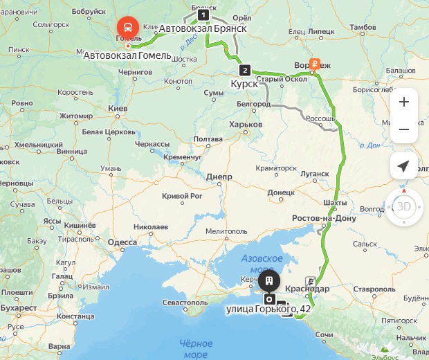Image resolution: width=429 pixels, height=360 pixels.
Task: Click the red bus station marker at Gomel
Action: [127, 28]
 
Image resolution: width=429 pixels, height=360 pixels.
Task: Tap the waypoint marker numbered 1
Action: [203, 15]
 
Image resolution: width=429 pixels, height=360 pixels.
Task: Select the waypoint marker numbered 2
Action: [244, 70]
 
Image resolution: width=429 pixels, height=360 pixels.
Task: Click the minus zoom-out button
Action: [404, 129]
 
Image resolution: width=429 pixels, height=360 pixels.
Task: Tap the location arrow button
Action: [404, 167]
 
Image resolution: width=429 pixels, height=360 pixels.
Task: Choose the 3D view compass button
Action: [404, 206]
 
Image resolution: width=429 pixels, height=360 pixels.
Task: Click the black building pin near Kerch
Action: [268, 282]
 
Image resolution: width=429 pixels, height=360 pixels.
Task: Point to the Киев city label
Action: [118, 109]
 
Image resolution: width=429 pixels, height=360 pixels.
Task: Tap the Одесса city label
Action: [122, 242]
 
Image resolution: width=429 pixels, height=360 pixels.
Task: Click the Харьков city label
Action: [246, 125]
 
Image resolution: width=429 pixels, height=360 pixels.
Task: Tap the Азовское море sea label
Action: [262, 263]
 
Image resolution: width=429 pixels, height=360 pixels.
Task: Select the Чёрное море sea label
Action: [196, 349]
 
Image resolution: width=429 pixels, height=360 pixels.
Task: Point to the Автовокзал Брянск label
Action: [203, 29]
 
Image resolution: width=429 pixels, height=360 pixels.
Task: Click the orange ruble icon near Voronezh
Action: [314, 64]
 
